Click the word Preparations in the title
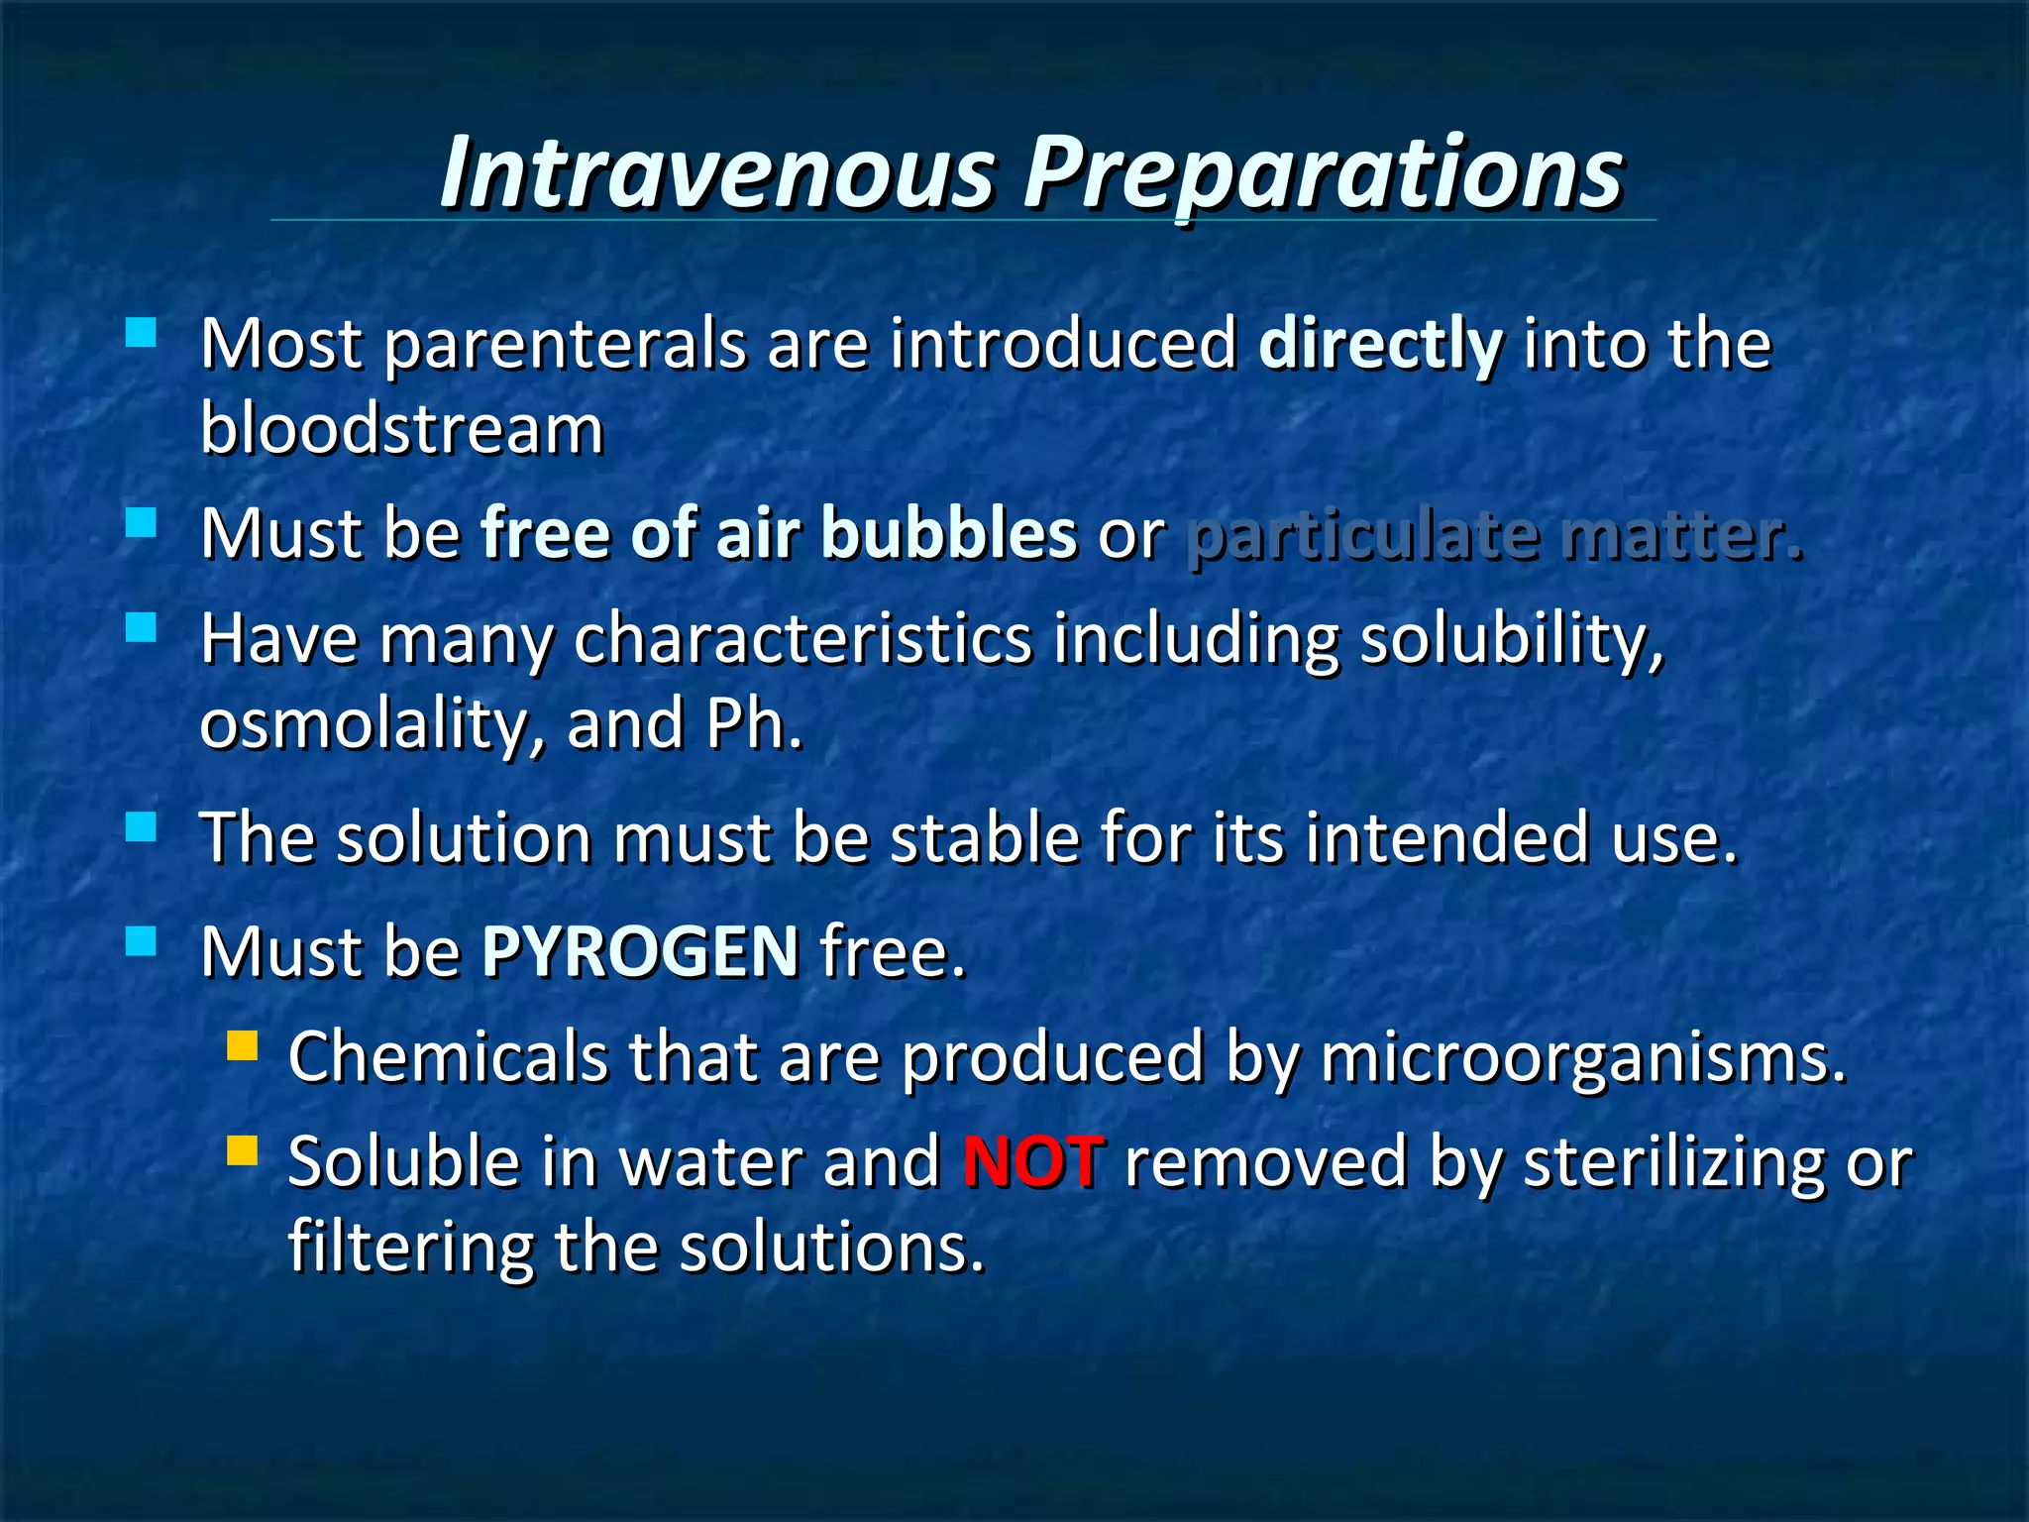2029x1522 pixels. [x=1324, y=174]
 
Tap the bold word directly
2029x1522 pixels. [x=1380, y=345]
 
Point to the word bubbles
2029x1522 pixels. [x=948, y=534]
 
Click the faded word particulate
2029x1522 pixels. [x=1362, y=536]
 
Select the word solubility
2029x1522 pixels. [x=1511, y=639]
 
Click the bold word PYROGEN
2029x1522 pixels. [x=640, y=952]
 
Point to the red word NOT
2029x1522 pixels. [x=1032, y=1161]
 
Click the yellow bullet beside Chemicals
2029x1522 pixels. [x=242, y=1046]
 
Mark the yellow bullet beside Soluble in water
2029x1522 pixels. [x=242, y=1150]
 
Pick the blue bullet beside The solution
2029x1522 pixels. [x=142, y=826]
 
